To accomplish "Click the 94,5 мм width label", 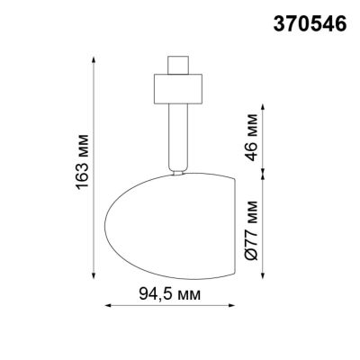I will tap(170, 294).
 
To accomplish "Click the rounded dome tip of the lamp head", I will tap(112, 224).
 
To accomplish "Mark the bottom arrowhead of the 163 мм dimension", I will tap(94, 274).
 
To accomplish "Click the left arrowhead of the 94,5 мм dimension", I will tap(110, 307).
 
